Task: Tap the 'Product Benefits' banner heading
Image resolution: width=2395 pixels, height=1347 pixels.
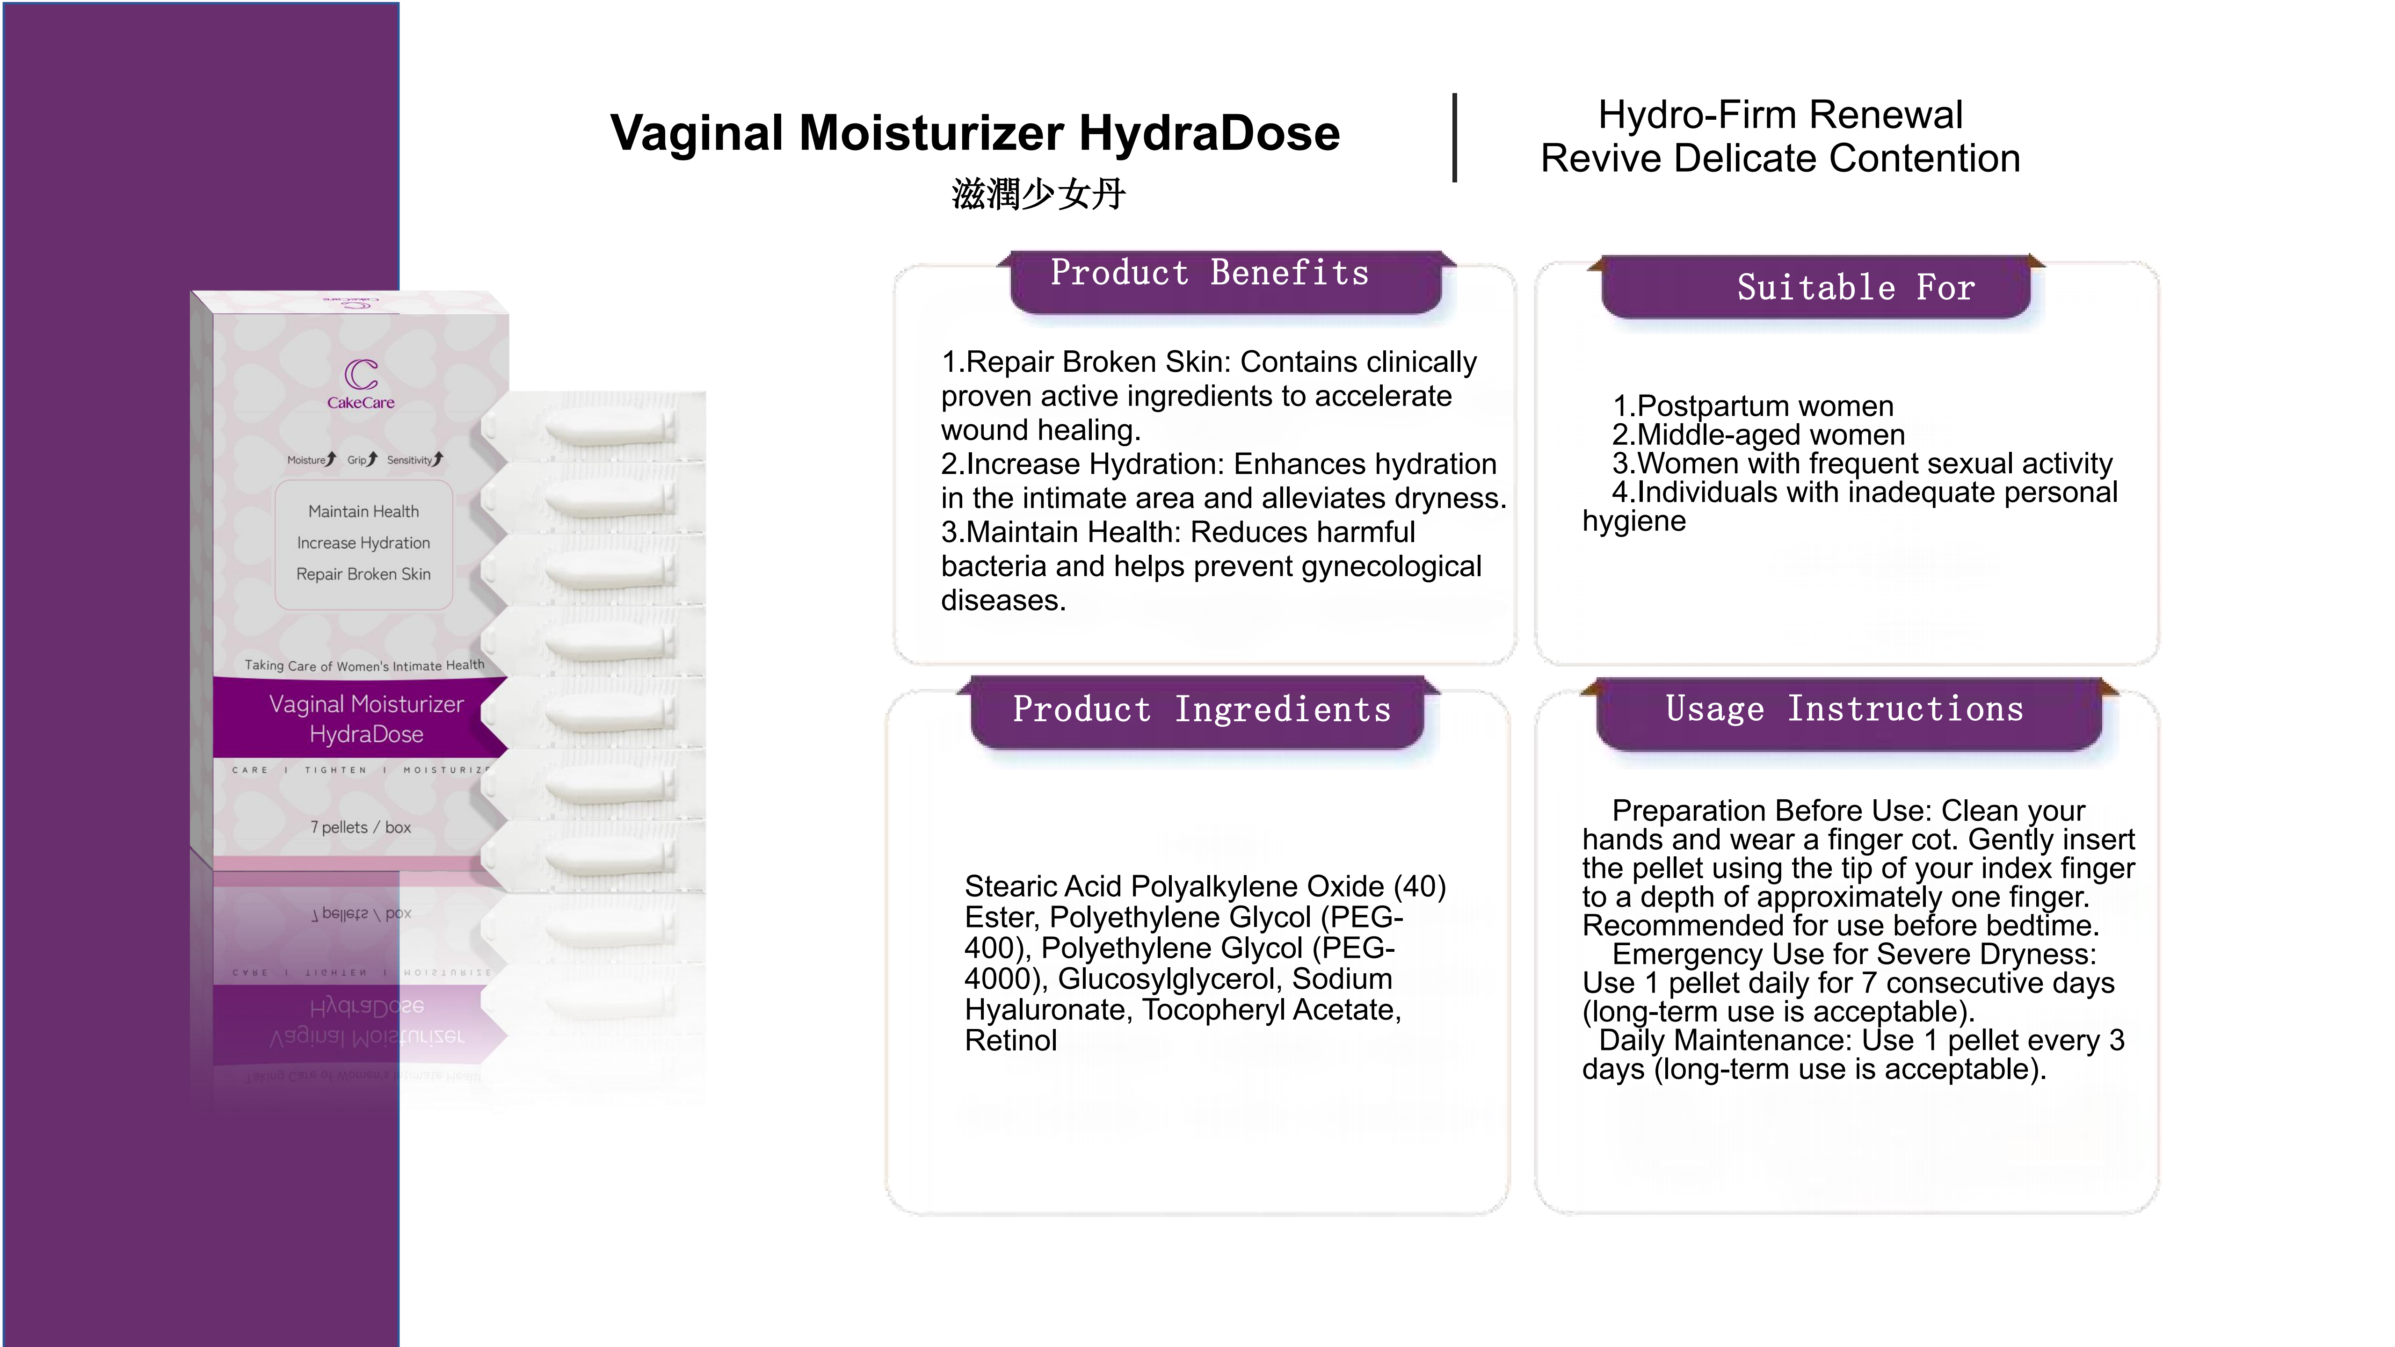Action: pos(1209,273)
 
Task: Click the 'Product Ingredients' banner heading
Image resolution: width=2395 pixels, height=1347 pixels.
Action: pos(1201,710)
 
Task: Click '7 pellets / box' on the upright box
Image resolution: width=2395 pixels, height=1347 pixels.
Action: pos(361,827)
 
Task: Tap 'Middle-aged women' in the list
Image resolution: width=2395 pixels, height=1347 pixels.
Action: pos(1770,435)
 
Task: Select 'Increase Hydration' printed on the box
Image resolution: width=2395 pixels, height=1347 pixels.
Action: pos(363,543)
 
